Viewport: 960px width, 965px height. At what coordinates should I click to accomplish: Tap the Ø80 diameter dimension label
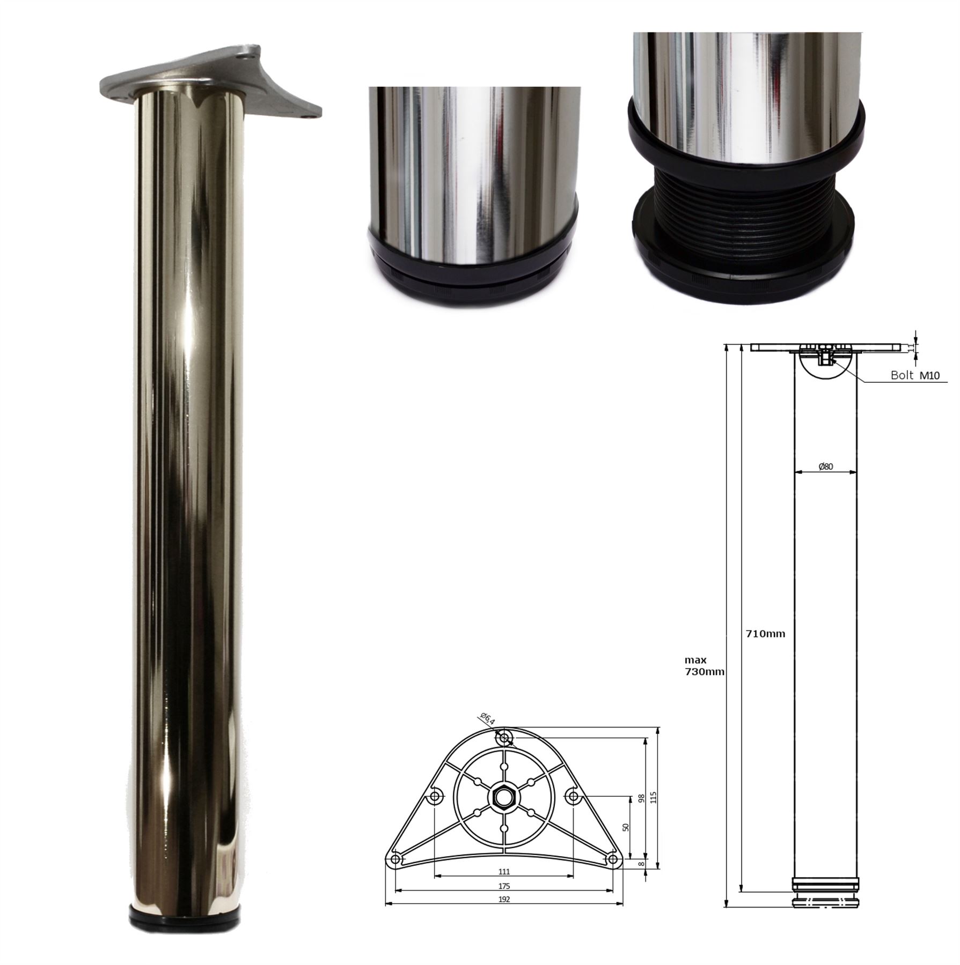[825, 466]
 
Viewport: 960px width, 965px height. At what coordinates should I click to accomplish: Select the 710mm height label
[765, 634]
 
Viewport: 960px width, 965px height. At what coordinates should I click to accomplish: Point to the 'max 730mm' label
[704, 666]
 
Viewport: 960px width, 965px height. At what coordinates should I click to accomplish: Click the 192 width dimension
[504, 900]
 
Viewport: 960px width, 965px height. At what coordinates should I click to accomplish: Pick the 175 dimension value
[504, 886]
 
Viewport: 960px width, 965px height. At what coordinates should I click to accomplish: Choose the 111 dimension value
[504, 872]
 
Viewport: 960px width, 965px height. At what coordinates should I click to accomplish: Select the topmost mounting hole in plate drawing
[504, 739]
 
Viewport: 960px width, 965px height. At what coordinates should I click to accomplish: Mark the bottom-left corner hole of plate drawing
[395, 859]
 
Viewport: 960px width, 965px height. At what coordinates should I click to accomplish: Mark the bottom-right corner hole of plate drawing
[613, 859]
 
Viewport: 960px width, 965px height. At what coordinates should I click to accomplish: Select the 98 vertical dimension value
[640, 799]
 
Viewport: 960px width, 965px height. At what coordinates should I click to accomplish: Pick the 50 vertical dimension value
[625, 827]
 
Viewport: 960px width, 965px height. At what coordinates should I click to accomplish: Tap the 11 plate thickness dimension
[911, 347]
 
